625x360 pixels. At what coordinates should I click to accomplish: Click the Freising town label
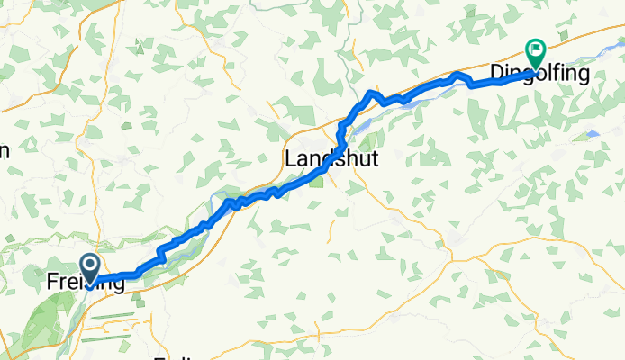tap(86, 283)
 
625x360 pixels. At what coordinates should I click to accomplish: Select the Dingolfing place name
tap(539, 74)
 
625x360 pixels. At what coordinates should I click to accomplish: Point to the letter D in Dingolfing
tap(495, 74)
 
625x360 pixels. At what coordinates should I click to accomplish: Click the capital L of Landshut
tap(290, 159)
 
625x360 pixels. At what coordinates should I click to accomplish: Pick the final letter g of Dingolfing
tap(583, 76)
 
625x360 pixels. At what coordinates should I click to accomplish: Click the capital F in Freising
tap(51, 283)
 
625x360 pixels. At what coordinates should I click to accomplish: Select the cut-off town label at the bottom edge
tap(176, 356)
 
